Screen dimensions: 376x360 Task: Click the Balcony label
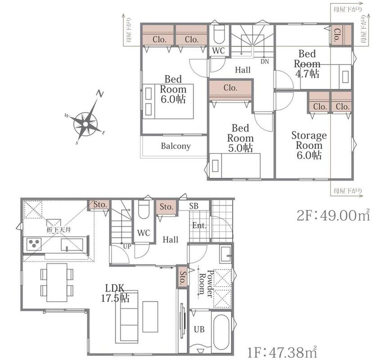click(x=176, y=146)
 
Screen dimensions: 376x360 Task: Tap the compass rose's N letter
click(x=100, y=93)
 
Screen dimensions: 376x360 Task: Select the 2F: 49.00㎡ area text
click(x=333, y=215)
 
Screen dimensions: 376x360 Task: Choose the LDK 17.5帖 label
click(x=115, y=293)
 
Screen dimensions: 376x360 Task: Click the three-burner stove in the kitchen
click(x=34, y=244)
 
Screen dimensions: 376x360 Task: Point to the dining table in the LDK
click(x=57, y=282)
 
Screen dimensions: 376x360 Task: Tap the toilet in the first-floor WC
click(x=143, y=209)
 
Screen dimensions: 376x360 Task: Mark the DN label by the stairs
click(x=265, y=62)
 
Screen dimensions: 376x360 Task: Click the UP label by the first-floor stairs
click(x=127, y=246)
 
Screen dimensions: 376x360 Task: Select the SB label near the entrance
click(x=194, y=206)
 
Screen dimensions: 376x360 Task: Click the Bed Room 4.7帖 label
click(x=307, y=63)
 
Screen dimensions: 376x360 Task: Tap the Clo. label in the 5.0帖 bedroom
click(x=230, y=88)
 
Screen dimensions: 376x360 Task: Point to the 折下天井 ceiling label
click(x=59, y=229)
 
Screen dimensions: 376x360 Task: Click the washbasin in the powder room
click(x=225, y=254)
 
